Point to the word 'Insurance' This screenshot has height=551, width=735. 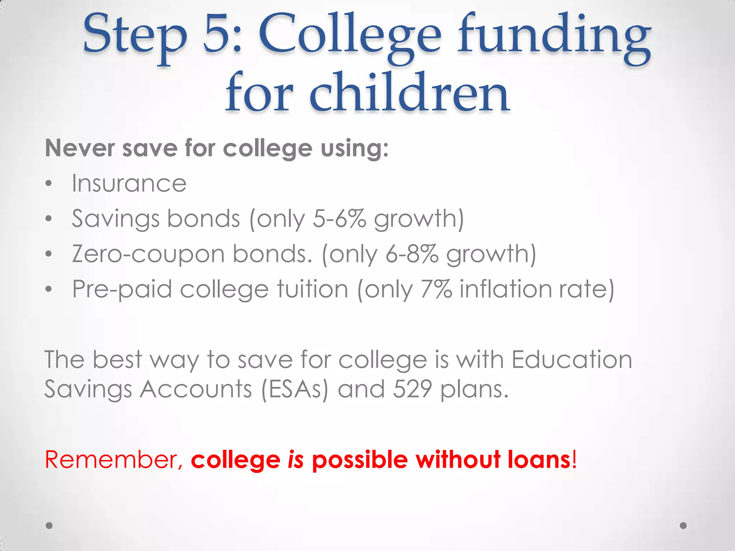click(129, 183)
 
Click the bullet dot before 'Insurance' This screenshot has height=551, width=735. click(49, 184)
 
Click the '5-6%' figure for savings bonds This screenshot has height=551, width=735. click(340, 218)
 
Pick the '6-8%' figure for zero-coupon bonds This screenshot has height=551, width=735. click(412, 254)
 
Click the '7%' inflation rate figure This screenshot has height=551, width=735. click(436, 289)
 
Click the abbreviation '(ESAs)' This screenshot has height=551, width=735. click(295, 389)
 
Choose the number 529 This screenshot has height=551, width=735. click(412, 389)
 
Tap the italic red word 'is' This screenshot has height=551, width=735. click(296, 460)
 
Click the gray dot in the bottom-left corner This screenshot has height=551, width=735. click(50, 526)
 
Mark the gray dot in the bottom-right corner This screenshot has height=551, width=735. click(683, 526)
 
